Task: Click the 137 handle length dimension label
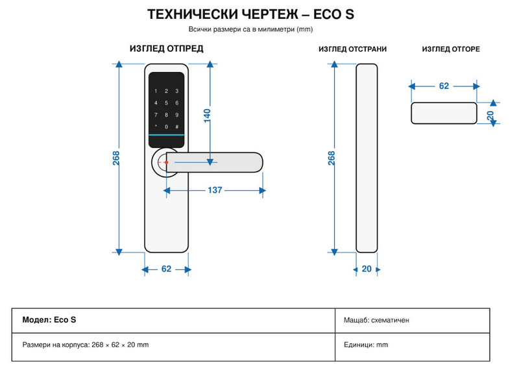(x=215, y=190)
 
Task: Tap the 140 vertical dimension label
(x=207, y=116)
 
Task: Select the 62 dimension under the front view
(x=166, y=269)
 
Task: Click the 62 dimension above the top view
(x=444, y=86)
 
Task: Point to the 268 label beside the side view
(x=332, y=158)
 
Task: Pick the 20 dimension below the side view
(x=367, y=269)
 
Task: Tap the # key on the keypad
(x=177, y=127)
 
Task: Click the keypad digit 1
(x=156, y=91)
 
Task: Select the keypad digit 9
(x=177, y=115)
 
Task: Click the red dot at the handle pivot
(x=167, y=162)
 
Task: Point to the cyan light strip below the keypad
(x=166, y=135)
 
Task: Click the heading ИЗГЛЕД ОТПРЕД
(x=167, y=49)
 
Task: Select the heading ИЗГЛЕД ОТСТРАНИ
(x=352, y=49)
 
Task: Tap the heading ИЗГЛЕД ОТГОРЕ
(x=451, y=49)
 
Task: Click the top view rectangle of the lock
(x=444, y=113)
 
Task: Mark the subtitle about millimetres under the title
(x=250, y=29)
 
